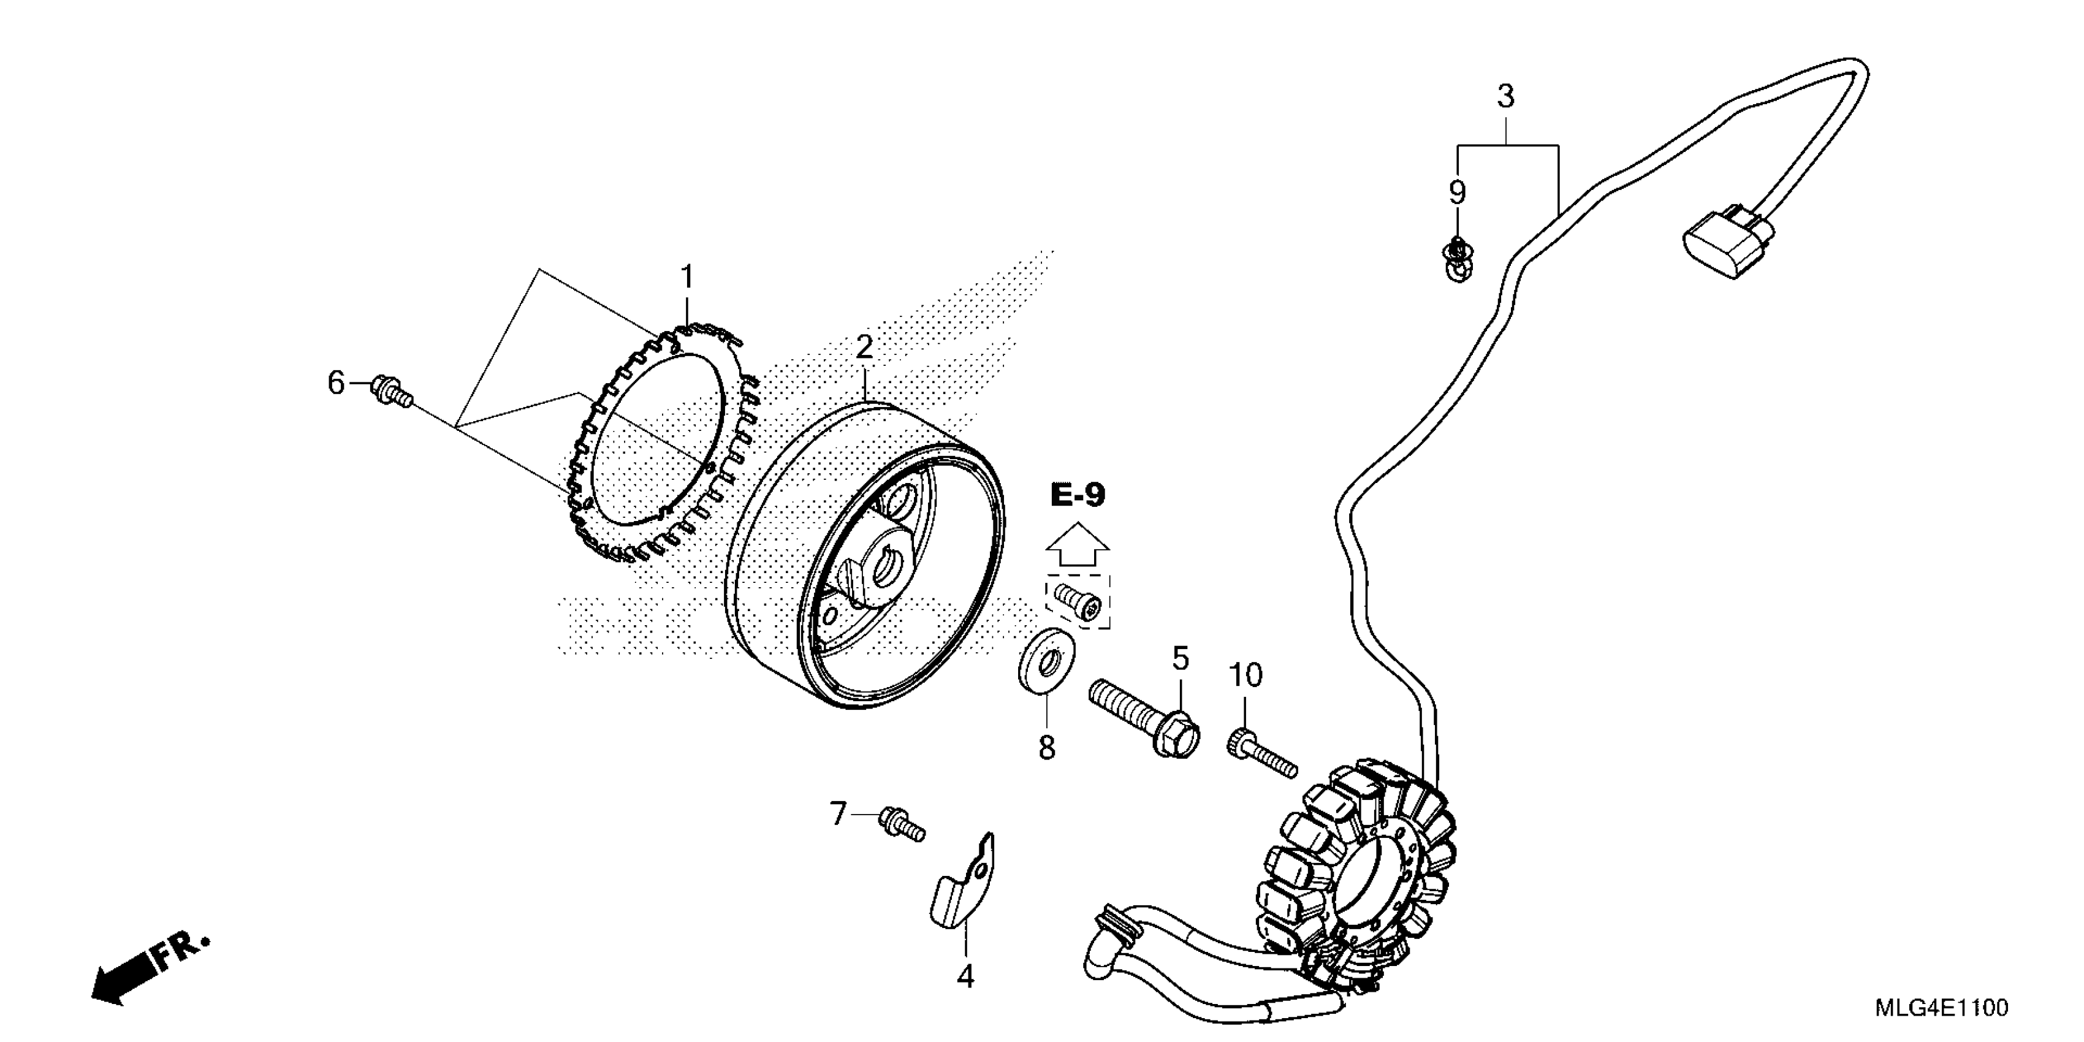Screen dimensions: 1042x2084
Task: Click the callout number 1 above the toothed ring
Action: click(687, 278)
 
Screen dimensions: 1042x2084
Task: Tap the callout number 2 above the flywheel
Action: click(865, 348)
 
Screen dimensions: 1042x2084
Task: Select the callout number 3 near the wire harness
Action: click(1505, 97)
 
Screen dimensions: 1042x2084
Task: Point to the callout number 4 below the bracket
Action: click(965, 977)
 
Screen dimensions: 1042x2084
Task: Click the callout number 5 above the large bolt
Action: click(1181, 660)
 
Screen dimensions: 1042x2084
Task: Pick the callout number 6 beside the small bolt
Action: click(336, 382)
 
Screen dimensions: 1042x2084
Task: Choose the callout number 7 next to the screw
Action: click(838, 814)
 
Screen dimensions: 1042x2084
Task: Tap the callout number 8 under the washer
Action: click(1047, 748)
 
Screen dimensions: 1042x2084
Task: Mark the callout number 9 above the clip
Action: click(1456, 192)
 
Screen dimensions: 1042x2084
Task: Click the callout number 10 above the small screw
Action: click(1245, 675)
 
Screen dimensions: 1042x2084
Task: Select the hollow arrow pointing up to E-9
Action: click(1078, 544)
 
